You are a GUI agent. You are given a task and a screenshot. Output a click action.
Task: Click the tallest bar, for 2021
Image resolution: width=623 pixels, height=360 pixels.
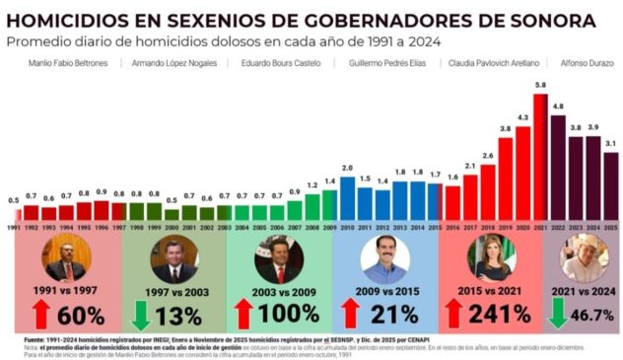point(539,159)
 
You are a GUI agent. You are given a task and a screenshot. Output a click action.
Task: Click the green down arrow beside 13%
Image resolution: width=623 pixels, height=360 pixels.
point(140,316)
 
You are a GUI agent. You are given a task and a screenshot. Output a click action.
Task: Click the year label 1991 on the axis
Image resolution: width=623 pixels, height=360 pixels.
point(14,227)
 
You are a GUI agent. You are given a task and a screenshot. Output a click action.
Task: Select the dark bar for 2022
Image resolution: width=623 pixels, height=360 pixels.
point(558,169)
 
